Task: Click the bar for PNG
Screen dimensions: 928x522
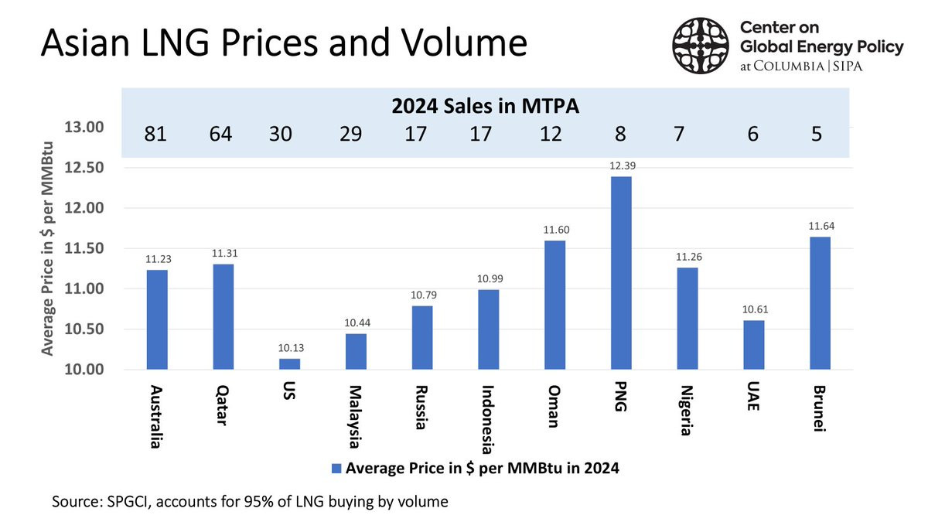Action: pos(621,273)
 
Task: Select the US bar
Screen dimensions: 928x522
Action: pos(289,364)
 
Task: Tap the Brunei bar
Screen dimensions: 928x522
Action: pos(820,303)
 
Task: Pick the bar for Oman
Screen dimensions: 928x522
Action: pos(554,305)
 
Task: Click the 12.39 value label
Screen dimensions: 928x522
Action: pos(623,165)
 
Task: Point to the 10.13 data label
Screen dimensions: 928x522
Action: pos(291,348)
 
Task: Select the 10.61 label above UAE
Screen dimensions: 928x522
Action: pos(755,309)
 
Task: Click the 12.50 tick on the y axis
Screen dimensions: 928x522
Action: pos(84,168)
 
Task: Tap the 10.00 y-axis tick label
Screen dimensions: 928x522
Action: pos(84,370)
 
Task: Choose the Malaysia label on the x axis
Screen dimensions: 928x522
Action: pos(355,417)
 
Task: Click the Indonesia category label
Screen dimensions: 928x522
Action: pos(488,420)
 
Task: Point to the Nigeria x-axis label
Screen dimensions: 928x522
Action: pos(687,411)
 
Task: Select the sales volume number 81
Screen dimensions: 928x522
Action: pos(155,135)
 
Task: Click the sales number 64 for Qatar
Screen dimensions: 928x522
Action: pos(220,135)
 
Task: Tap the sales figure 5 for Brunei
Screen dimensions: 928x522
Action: pos(816,135)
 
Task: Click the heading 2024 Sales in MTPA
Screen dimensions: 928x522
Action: pos(485,106)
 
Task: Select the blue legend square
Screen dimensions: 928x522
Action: pos(336,469)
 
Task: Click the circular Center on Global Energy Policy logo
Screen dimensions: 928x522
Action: pos(701,46)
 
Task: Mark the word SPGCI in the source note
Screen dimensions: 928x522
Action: pos(129,502)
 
